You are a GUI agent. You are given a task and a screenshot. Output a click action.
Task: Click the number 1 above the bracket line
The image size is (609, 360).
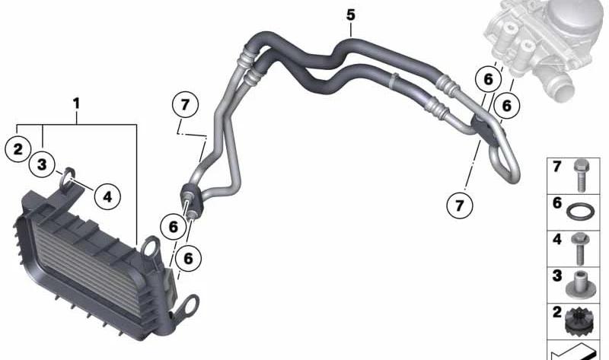(77, 104)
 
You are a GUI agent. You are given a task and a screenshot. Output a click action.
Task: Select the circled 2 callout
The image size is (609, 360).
(18, 149)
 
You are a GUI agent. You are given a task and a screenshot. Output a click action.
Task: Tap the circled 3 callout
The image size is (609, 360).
(42, 164)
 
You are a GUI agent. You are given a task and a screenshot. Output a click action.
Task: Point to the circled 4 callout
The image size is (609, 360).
(107, 197)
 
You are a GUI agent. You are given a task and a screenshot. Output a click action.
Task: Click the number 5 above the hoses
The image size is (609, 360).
(351, 15)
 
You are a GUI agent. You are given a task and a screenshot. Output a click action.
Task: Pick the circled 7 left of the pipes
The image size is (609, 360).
(185, 104)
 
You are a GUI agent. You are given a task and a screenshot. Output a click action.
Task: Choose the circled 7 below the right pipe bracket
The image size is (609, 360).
(460, 205)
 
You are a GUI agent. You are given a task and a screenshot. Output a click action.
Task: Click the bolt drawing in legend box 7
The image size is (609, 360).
(581, 176)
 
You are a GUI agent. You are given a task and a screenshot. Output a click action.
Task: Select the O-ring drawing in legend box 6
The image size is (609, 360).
(580, 212)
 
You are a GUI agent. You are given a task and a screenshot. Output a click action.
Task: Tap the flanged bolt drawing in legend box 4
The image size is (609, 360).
(580, 248)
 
